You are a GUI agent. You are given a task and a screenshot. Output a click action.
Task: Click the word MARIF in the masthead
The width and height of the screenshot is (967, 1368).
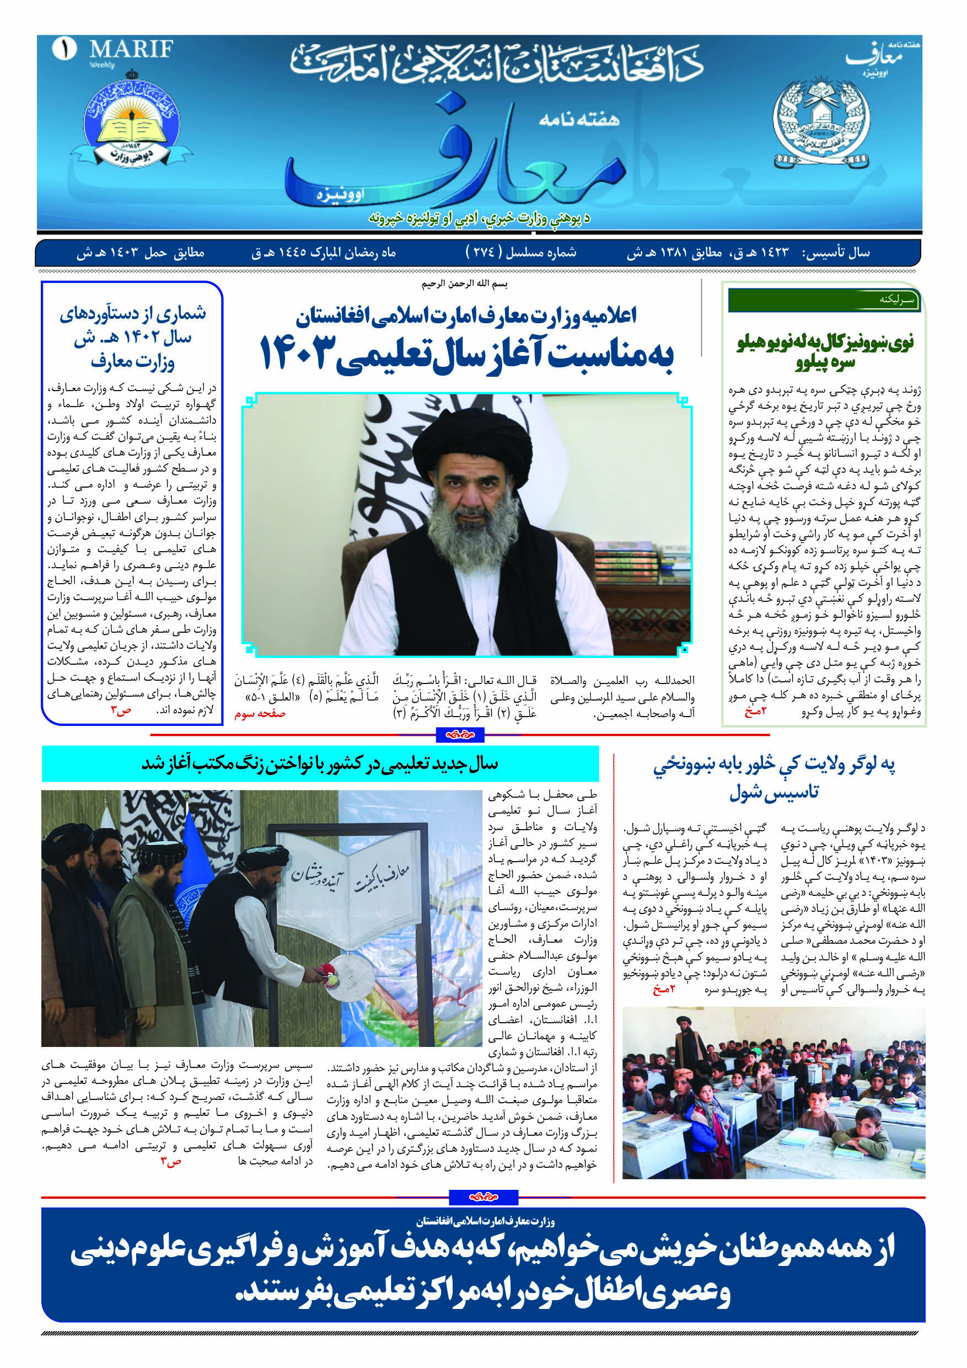pos(131,49)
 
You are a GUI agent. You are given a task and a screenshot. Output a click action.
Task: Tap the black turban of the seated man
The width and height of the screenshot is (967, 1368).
pos(489,441)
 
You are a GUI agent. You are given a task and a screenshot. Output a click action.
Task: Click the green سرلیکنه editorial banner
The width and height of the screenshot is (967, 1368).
pos(824,300)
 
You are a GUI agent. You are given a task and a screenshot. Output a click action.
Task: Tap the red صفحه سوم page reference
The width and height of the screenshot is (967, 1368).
pos(260,714)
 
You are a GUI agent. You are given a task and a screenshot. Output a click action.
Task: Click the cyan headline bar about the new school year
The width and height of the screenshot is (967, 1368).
pos(320,764)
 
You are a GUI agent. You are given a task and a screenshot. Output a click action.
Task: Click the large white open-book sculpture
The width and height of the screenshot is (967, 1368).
pos(350,888)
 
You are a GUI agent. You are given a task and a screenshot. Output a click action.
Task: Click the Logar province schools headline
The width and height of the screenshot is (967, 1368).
pos(773,778)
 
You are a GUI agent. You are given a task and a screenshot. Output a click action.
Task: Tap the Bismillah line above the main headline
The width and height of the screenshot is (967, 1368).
pos(464,284)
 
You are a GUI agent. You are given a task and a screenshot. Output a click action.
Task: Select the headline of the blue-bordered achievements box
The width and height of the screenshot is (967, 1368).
pos(132,337)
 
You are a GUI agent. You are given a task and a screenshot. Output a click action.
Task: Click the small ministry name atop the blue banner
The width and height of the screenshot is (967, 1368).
pos(485,1222)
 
